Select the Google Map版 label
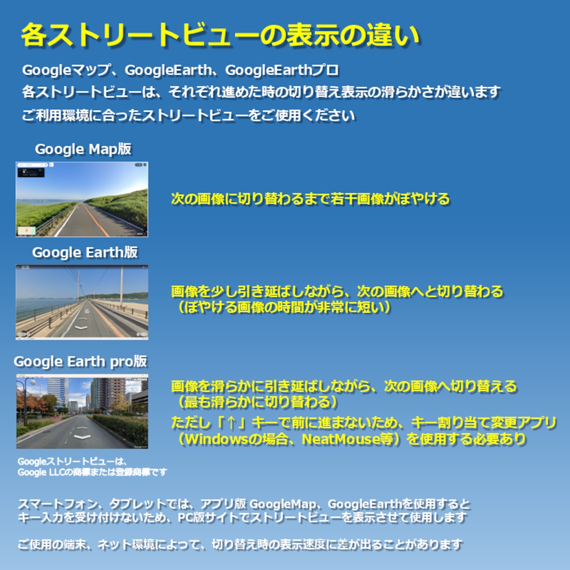coord(83,149)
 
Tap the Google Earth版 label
coord(85,252)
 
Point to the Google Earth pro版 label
coord(81,362)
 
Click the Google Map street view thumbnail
coord(82,199)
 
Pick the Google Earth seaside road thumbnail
coord(82,302)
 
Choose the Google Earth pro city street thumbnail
coord(82,411)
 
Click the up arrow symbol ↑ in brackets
coord(231,423)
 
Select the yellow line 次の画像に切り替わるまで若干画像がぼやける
coord(310,199)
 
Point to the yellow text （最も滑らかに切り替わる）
coord(255,402)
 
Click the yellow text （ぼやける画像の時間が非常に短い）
coord(281,308)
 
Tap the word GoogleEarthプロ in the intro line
coord(282,70)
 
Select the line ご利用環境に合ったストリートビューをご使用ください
coord(188,115)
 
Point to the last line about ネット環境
coord(240,544)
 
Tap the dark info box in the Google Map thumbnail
coord(31,173)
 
